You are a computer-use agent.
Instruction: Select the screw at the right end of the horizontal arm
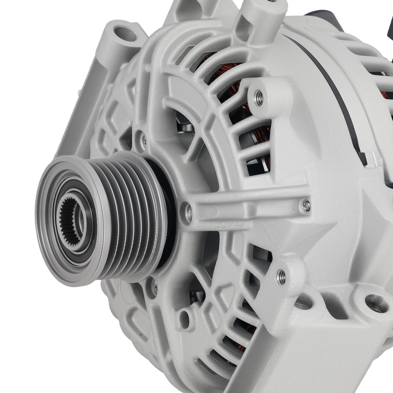(306, 205)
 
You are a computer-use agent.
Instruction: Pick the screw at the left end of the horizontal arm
(188, 212)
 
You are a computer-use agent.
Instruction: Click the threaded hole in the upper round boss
(259, 97)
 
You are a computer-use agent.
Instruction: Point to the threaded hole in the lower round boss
(281, 277)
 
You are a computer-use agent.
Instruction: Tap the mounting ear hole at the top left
(125, 34)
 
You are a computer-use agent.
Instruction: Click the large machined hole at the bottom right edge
(376, 303)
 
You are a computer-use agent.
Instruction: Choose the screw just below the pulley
(154, 287)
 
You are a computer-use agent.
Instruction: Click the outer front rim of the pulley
(43, 236)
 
